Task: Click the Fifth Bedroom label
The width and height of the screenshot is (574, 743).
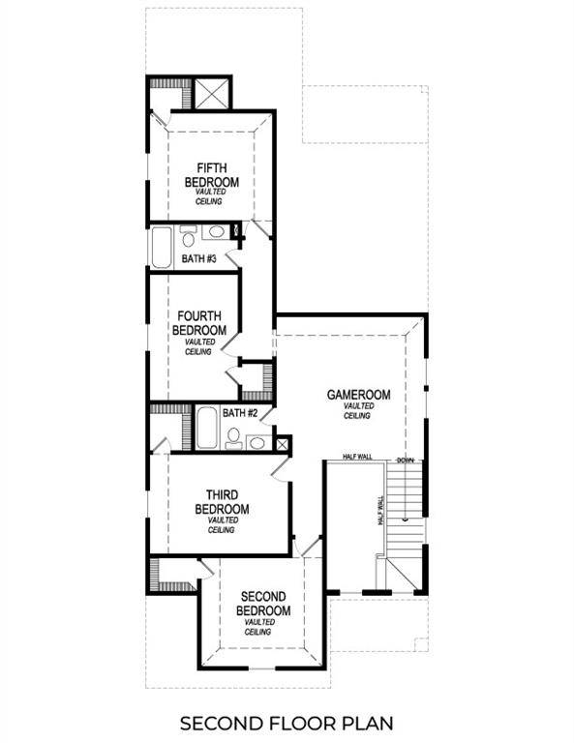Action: (x=212, y=174)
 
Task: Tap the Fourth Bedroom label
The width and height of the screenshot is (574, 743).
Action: (x=199, y=323)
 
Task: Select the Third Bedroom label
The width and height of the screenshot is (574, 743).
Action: (x=222, y=502)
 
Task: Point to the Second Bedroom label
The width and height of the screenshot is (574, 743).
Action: (x=265, y=604)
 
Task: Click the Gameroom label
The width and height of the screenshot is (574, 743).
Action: (x=358, y=395)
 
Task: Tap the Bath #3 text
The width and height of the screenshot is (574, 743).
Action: (x=198, y=259)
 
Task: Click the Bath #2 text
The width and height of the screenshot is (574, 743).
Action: (x=239, y=413)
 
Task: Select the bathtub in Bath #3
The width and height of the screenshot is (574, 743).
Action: (x=161, y=246)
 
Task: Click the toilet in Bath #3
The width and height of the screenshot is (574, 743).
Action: (x=189, y=234)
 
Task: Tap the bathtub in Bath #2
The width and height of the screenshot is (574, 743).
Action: (x=207, y=428)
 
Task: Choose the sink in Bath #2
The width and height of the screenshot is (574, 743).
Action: (x=256, y=443)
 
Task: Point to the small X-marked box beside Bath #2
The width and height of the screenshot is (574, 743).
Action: (x=283, y=445)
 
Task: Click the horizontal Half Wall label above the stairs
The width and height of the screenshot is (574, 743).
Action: (x=358, y=457)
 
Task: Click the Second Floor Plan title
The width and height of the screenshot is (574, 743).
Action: (x=287, y=723)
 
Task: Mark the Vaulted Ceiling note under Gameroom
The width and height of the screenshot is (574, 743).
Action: (x=358, y=411)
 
